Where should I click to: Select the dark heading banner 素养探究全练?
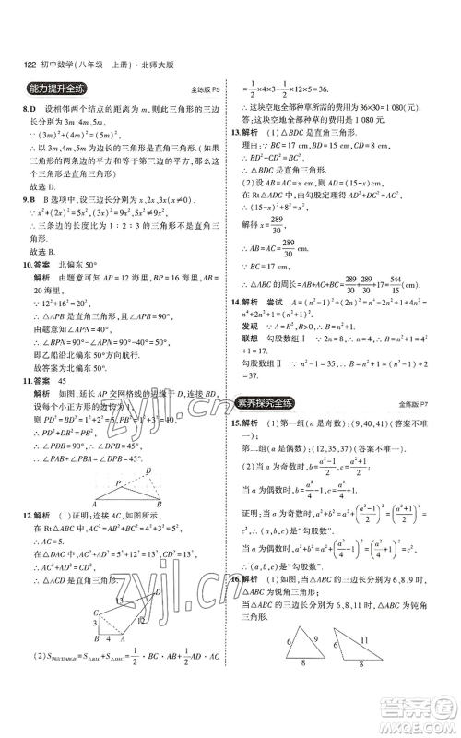[278, 377]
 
